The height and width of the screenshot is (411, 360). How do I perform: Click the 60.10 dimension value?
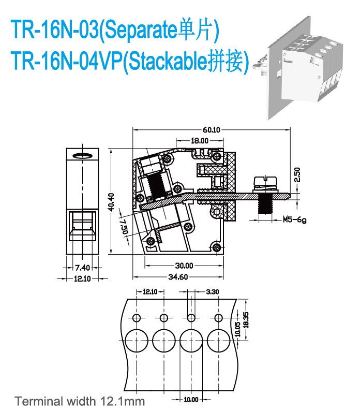point(212,129)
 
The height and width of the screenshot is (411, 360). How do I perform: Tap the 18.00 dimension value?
point(200,140)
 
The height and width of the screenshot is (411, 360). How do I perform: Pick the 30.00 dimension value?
point(184,266)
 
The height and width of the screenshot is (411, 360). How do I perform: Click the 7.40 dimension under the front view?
point(82,268)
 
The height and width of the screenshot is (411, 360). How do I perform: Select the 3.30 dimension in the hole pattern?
point(212,292)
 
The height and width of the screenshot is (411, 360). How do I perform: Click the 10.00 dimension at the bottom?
point(191,399)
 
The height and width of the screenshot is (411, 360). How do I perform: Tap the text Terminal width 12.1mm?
point(80,401)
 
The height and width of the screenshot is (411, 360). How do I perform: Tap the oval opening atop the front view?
point(82,155)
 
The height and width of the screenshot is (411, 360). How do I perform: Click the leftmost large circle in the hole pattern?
point(136,341)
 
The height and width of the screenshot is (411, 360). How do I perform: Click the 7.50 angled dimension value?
point(123,226)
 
